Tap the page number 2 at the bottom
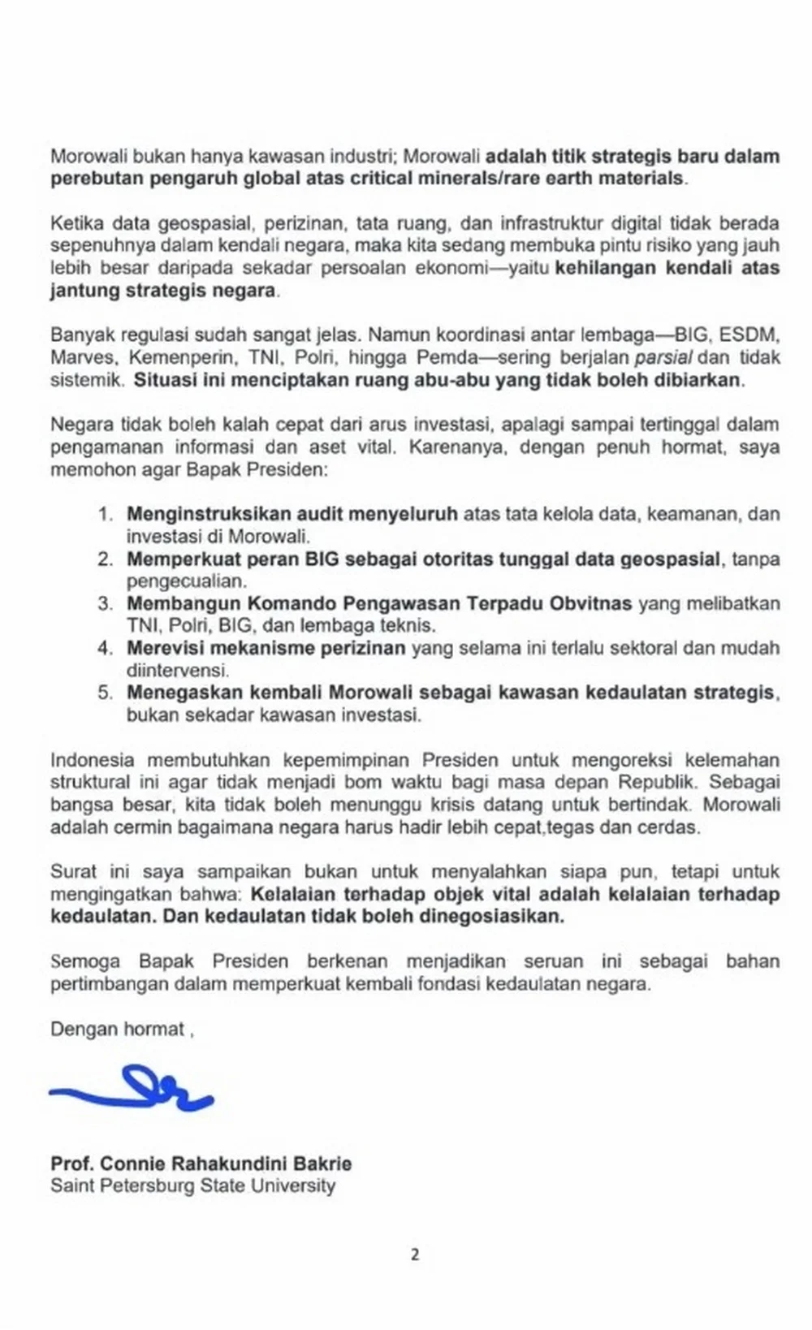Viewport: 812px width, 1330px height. click(x=415, y=1254)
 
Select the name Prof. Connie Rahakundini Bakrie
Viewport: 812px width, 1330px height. click(x=201, y=1163)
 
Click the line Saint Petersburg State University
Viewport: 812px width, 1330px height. click(x=192, y=1185)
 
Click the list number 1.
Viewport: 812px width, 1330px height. click(x=103, y=514)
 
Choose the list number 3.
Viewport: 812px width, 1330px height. click(x=103, y=603)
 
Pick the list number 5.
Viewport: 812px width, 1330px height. click(x=103, y=693)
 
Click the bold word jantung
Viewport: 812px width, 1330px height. click(x=82, y=291)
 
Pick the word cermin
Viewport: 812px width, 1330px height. click(x=139, y=828)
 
